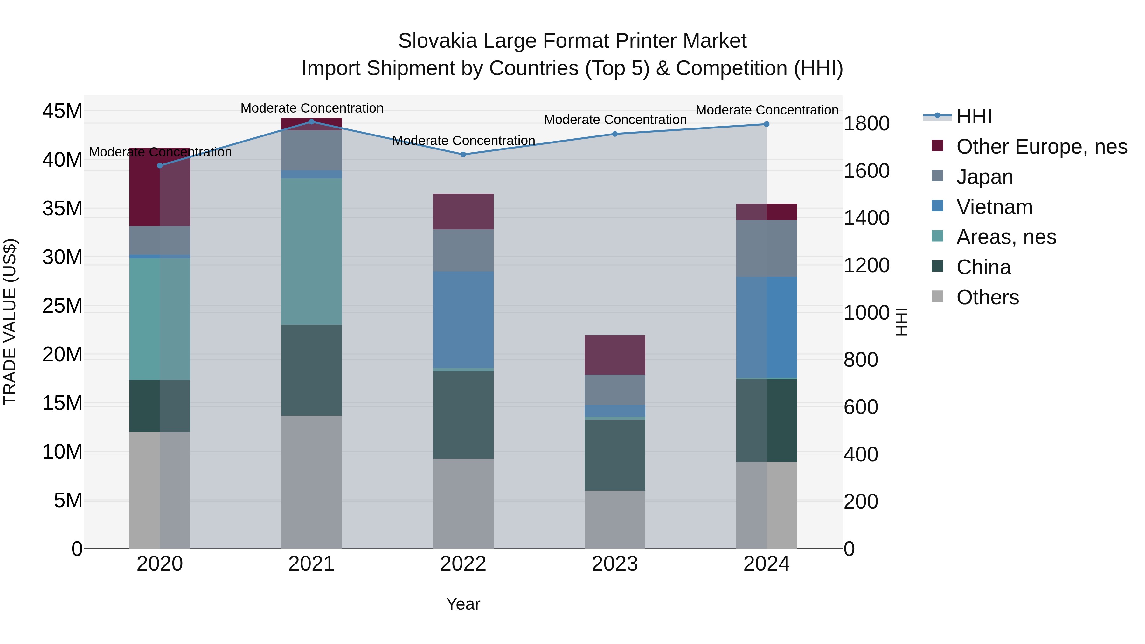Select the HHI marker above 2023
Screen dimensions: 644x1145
615,134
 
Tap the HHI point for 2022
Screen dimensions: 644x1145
463,155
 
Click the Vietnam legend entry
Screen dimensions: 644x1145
994,207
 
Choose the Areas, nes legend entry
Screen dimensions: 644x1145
1006,237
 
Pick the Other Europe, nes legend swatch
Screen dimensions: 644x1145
937,146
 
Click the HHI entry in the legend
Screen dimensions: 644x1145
974,116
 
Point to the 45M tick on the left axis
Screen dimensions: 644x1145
62,111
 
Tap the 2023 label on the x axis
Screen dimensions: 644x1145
615,564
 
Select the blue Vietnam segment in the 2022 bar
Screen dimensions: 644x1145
463,320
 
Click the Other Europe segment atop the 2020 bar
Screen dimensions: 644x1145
160,187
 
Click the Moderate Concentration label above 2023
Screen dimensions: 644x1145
615,120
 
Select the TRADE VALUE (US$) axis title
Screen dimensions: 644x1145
10,322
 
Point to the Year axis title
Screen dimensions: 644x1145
463,604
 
